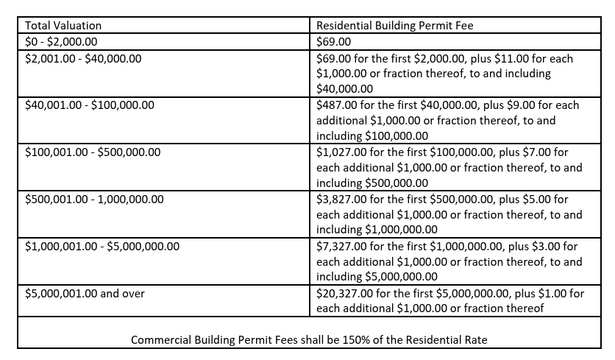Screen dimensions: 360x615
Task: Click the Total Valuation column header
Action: pyautogui.click(x=63, y=26)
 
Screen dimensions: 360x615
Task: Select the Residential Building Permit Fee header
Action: pyautogui.click(x=394, y=26)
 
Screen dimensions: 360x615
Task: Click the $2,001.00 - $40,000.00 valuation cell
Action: pyautogui.click(x=82, y=58)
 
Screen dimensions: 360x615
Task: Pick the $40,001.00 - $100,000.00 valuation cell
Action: pyautogui.click(x=89, y=105)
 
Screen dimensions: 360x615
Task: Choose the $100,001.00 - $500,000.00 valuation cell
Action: pyautogui.click(x=92, y=152)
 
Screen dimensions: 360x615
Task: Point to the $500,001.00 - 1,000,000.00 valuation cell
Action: pyautogui.click(x=94, y=200)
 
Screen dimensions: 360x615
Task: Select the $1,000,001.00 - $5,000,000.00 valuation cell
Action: pyautogui.click(x=102, y=247)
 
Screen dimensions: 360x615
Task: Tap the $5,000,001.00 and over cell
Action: pyautogui.click(x=85, y=294)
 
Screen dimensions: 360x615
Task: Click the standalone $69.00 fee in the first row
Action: pyautogui.click(x=333, y=42)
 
